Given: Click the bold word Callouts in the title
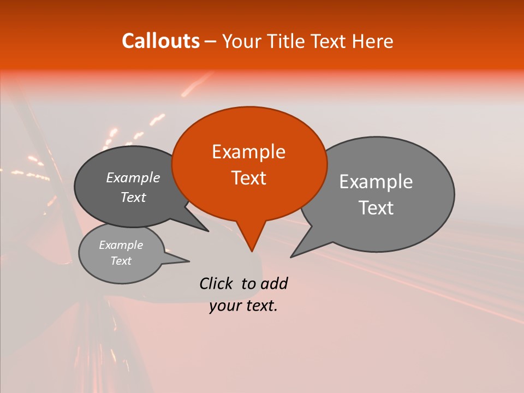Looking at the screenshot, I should [160, 41].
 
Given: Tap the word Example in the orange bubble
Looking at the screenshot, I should [248, 152].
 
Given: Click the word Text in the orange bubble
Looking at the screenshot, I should [248, 178].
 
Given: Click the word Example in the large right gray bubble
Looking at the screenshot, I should [376, 182].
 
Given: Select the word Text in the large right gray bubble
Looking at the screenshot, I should [377, 208].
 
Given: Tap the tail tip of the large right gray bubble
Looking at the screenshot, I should [292, 256].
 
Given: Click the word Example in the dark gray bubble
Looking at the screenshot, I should [133, 177].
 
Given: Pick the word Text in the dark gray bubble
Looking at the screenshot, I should [133, 197].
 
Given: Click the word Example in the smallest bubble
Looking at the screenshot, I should [121, 245].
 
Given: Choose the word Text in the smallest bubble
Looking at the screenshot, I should [121, 261].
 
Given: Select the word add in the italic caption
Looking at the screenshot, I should [274, 283].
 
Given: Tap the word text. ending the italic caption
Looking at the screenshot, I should [260, 306].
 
